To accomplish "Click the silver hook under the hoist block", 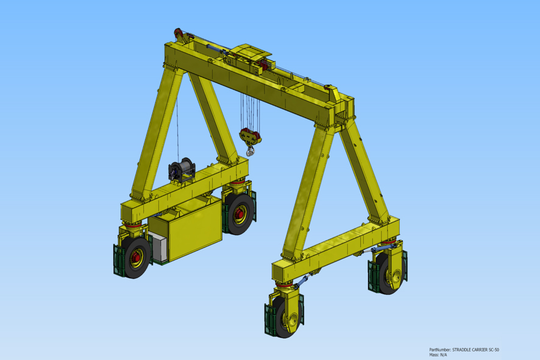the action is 250,150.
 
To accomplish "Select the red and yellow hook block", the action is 250,136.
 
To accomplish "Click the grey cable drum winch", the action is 182,170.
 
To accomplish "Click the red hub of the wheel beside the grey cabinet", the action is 136,256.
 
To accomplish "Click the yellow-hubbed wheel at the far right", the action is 391,274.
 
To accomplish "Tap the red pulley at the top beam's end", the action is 179,34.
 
